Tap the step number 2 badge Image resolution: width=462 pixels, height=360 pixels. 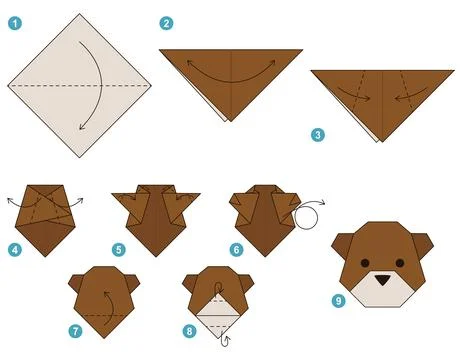pos(166,22)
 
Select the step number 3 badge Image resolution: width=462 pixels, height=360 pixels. pos(316,134)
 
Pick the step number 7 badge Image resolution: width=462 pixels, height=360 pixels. pos(73,330)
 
